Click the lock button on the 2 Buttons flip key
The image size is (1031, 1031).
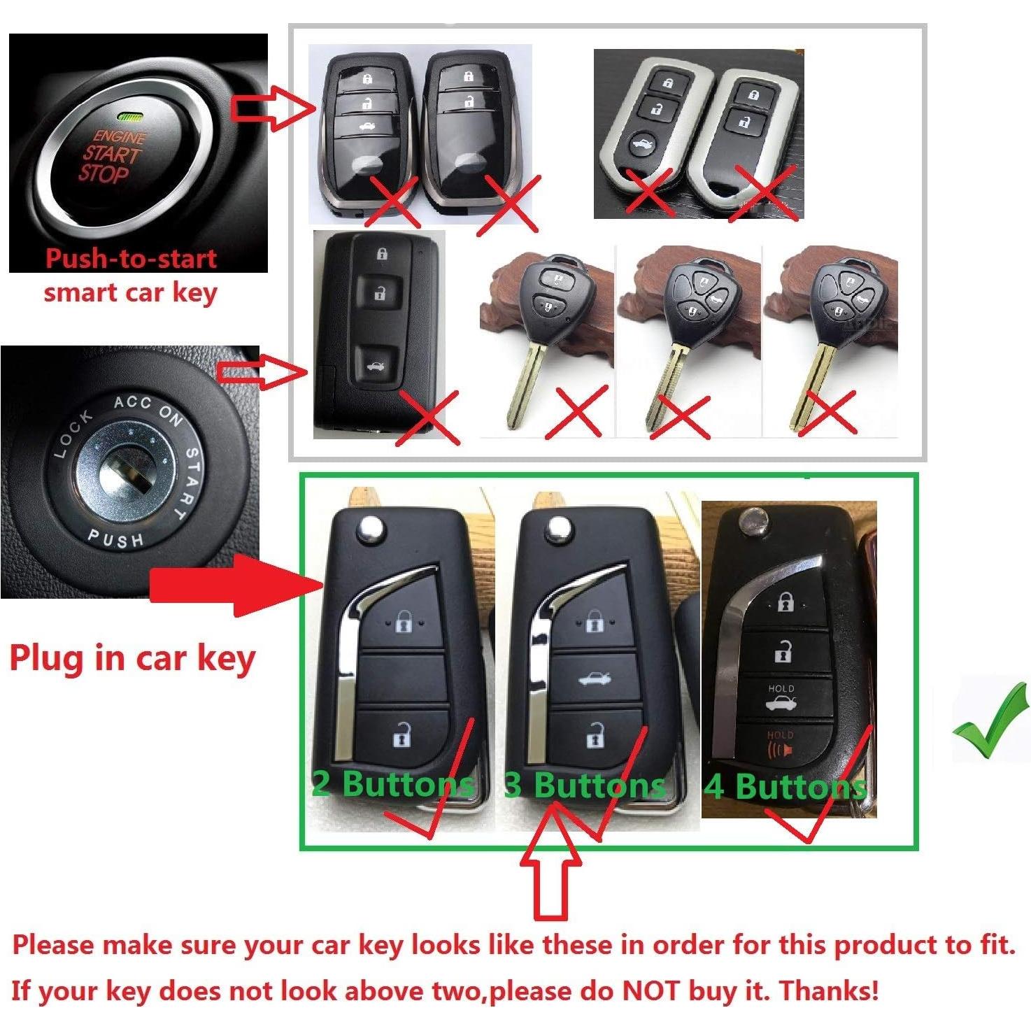pyautogui.click(x=404, y=621)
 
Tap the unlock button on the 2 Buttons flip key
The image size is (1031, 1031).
pyautogui.click(x=402, y=735)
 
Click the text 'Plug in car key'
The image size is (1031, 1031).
pyautogui.click(x=132, y=659)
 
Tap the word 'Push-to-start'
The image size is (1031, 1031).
pyautogui.click(x=131, y=259)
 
